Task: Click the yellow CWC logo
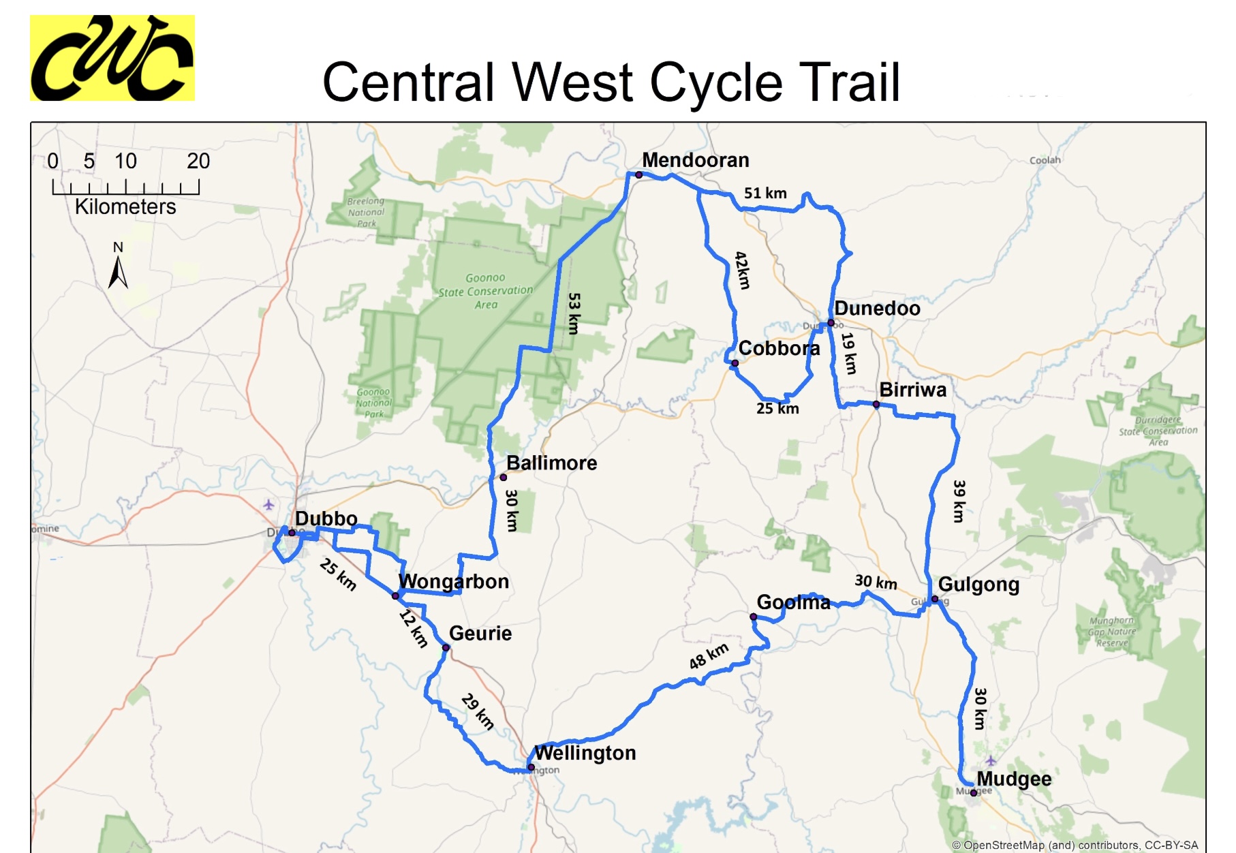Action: [x=112, y=58]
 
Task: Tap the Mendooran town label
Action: [x=695, y=160]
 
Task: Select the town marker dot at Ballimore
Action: [x=504, y=478]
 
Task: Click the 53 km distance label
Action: [x=574, y=313]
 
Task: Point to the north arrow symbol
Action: [x=118, y=269]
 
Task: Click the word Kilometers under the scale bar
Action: [x=125, y=206]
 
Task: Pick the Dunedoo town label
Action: [x=877, y=309]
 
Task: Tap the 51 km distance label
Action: [x=765, y=193]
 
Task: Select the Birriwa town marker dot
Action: [x=876, y=405]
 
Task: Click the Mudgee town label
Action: [x=1014, y=779]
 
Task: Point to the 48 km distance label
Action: [x=709, y=656]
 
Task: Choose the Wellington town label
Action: [x=585, y=753]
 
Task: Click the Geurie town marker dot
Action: [x=446, y=648]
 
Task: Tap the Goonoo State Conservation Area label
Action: [x=485, y=291]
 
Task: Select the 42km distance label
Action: [x=743, y=270]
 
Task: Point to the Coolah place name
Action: [x=1045, y=160]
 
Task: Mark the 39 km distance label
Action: [x=959, y=501]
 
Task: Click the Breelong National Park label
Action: [x=366, y=212]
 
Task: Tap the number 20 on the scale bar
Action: [x=198, y=161]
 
